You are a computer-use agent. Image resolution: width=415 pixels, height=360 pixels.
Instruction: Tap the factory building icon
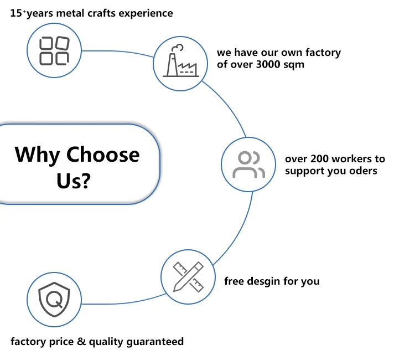point(181,62)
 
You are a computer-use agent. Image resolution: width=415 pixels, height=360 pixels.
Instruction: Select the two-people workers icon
point(248,164)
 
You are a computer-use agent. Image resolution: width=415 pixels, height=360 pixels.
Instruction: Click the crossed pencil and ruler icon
point(188,276)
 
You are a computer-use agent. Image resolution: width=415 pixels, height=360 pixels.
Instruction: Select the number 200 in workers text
point(314,159)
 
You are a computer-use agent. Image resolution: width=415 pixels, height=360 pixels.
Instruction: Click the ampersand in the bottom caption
point(81,341)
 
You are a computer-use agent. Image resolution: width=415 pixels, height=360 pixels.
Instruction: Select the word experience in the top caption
point(149,13)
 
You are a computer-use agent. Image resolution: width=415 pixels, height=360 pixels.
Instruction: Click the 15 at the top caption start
point(16,13)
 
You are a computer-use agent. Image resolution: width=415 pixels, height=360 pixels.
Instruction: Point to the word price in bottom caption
point(61,341)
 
